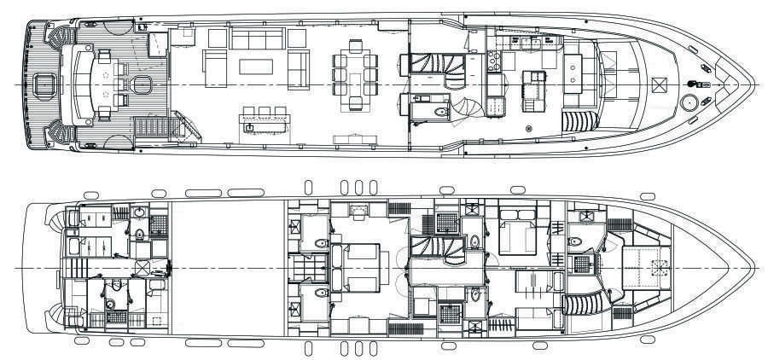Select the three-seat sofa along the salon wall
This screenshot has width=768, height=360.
pyautogui.click(x=259, y=38)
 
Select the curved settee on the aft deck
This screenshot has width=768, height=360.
pyautogui.click(x=84, y=85)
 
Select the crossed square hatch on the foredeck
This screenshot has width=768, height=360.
pyautogui.click(x=659, y=84)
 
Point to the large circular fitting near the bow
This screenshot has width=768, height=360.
pyautogui.click(x=688, y=103)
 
